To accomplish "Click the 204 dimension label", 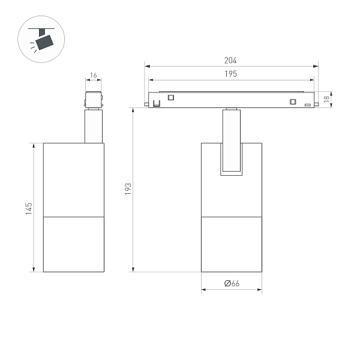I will coord(231,61).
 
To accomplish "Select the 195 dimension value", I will coord(231,74).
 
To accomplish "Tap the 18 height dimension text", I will coord(326,100).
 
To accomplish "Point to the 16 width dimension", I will coord(93,76).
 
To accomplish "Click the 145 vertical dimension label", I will coord(29,208).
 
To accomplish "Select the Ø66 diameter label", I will coord(232,284).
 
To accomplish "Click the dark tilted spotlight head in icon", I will coord(44,41).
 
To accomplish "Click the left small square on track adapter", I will coord(170,98).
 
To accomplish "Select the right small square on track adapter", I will coord(293,101).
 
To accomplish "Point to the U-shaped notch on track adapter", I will coord(157,103).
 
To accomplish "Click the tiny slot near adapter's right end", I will coord(308,105).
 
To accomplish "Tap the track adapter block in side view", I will coord(94,100).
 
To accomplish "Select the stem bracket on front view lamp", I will coord(232,144).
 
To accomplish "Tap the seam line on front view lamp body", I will coord(232,215).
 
